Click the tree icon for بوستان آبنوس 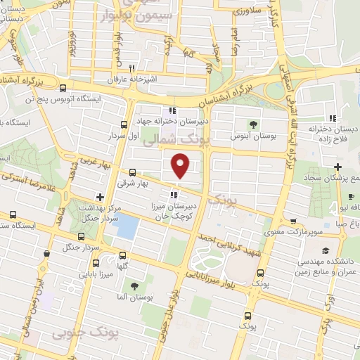[x=254, y=124]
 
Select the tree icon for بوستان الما [x=133, y=286]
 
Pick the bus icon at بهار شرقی [x=133, y=172]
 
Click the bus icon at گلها [x=123, y=255]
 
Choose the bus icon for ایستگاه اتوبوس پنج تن [x=63, y=89]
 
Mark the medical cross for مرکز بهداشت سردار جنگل [x=101, y=197]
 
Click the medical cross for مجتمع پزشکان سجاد [x=338, y=167]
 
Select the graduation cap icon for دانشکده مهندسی [x=326, y=250]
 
